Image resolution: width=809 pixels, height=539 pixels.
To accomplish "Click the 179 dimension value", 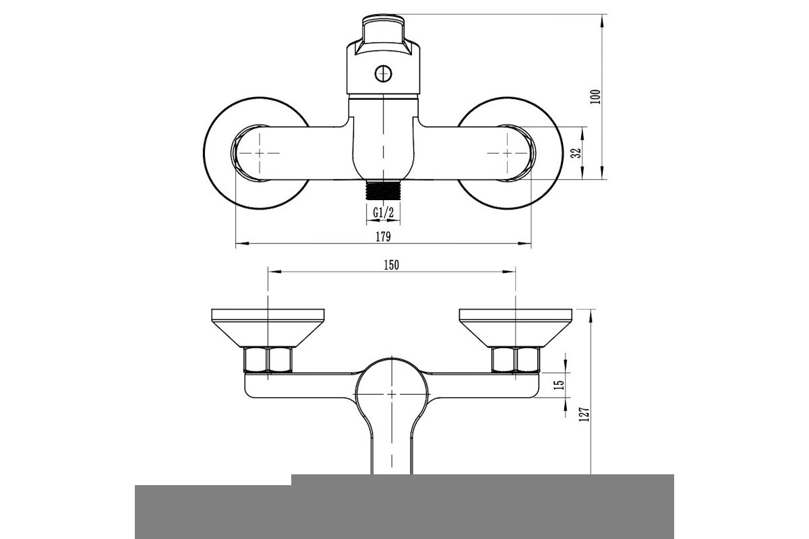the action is (x=383, y=237).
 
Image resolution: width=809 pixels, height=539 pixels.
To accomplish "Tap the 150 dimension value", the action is (x=391, y=265).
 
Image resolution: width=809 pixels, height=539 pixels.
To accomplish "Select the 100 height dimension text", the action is (x=595, y=97).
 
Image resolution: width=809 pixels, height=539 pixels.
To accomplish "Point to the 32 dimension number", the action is (x=577, y=153).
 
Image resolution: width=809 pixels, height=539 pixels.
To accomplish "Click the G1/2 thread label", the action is (x=383, y=213).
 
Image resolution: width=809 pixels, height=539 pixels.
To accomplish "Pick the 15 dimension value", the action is (x=559, y=385).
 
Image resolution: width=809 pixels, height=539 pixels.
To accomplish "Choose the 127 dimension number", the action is (x=584, y=414).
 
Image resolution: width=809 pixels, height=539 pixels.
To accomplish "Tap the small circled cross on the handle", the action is (x=383, y=74).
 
